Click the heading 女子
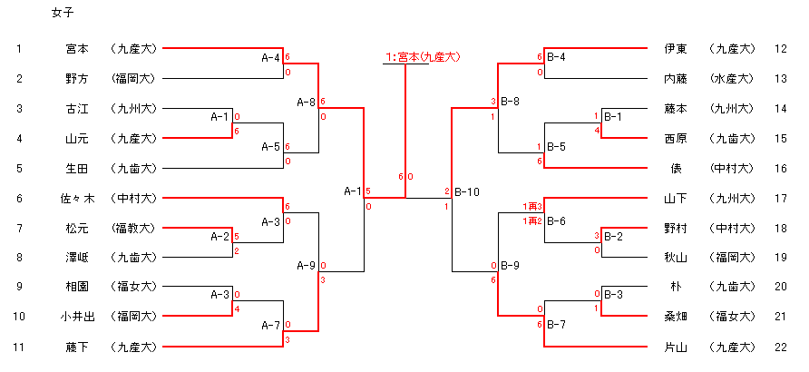pos(63,15)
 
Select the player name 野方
pos(77,78)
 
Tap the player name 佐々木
pos(72,198)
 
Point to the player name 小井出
pos(72,317)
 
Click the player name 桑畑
pos(676,317)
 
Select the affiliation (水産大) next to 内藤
pos(733,78)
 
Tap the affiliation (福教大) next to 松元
pos(133,228)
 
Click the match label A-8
pos(307,103)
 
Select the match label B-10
pos(467,191)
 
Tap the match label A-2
pos(220,236)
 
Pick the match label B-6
pos(556,221)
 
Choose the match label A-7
pos(270,325)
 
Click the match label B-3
pos(613,294)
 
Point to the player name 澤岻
pos(77,258)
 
